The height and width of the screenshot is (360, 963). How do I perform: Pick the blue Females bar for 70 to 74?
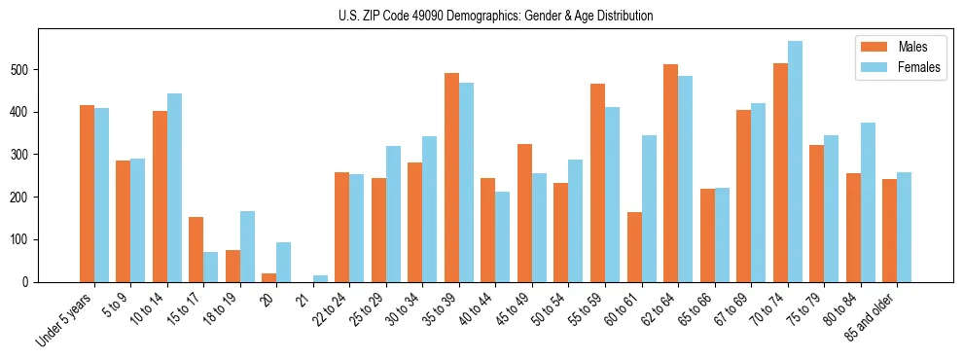click(x=795, y=162)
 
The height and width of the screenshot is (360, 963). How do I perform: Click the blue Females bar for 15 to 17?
click(x=210, y=268)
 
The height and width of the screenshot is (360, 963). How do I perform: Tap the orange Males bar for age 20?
click(x=268, y=277)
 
